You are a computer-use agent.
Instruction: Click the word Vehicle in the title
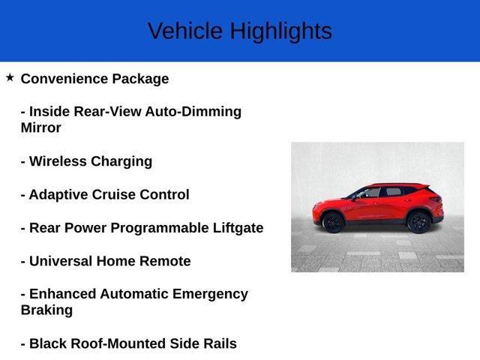tap(185, 31)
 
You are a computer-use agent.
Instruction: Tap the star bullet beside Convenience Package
tap(10, 77)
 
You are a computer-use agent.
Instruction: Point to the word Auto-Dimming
tap(193, 112)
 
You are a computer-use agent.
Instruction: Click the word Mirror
tap(41, 127)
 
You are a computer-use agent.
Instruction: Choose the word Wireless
tap(58, 161)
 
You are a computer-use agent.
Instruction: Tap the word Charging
tap(121, 161)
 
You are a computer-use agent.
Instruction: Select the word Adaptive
tap(58, 195)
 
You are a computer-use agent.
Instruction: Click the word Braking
tap(46, 310)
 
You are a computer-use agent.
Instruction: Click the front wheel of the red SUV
tap(332, 222)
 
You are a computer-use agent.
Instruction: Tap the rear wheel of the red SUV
tap(418, 222)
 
